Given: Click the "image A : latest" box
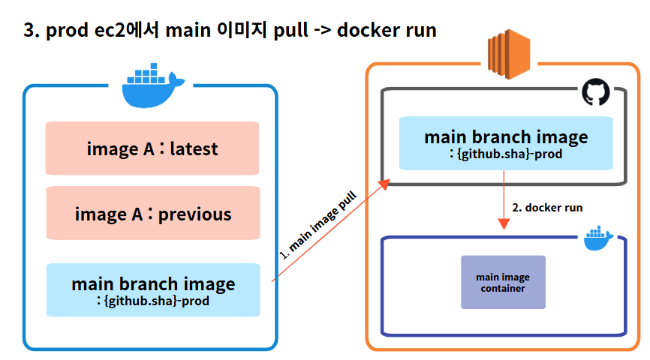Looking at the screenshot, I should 152,148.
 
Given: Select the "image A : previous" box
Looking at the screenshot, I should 152,214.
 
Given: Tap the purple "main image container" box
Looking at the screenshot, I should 503,283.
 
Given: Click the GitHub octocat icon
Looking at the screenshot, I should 595,93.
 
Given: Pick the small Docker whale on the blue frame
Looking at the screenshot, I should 598,237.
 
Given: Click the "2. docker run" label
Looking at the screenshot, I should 547,206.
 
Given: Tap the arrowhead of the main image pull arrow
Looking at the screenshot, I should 385,184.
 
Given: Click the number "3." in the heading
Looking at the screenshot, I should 32,31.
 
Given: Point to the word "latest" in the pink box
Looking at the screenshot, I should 194,148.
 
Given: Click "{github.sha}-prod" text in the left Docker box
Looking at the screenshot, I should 158,301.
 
